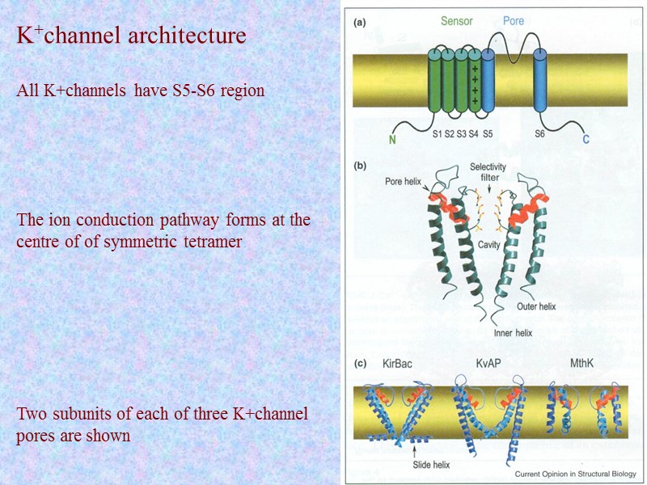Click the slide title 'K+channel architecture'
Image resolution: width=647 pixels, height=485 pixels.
(132, 36)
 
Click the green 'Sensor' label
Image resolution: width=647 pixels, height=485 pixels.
(456, 21)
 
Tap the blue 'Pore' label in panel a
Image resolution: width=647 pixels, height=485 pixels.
(514, 21)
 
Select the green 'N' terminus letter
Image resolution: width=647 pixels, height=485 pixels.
(393, 139)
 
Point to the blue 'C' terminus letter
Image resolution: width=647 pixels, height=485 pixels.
(586, 139)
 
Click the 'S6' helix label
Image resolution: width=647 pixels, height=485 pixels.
(539, 134)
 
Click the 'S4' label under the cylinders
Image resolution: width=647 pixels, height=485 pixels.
(475, 134)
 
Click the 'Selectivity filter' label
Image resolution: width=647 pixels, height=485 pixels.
(488, 172)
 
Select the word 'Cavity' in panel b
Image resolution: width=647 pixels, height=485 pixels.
(488, 243)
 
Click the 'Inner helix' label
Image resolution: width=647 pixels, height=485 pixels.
(514, 332)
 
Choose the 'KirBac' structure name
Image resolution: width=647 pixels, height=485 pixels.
(397, 364)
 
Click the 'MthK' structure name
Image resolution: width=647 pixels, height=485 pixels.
(580, 364)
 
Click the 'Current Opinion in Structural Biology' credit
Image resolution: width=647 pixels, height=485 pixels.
(575, 473)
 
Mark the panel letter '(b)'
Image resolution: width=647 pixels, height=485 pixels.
(361, 166)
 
